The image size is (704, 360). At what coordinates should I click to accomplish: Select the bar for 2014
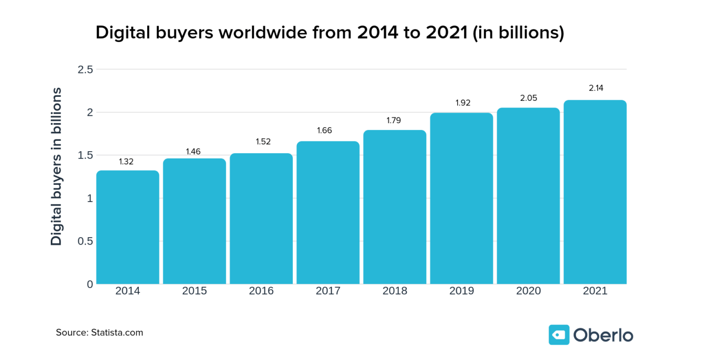[128, 227]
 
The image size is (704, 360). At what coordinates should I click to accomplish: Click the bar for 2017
[328, 212]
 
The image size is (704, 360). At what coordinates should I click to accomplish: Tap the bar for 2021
[595, 192]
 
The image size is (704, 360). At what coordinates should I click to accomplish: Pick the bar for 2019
[462, 198]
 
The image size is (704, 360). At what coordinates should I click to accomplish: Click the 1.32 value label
[126, 161]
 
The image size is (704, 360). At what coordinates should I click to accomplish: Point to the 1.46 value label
[193, 152]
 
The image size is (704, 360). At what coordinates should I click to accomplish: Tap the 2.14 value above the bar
[595, 89]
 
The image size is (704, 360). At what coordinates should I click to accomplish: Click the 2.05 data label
[528, 98]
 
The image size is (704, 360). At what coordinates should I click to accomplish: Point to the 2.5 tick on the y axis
[85, 69]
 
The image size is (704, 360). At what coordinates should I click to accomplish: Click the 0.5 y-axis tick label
[85, 241]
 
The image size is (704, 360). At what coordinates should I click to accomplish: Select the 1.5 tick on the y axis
[85, 156]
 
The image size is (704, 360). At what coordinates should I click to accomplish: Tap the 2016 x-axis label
[261, 291]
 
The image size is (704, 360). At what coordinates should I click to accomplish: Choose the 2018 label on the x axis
[395, 291]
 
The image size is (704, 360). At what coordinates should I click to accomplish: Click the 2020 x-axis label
[528, 291]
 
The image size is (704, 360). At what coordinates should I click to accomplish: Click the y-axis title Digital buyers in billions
[57, 166]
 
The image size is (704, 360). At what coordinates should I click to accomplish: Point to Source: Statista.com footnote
[99, 333]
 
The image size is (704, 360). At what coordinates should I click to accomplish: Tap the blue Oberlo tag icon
[559, 335]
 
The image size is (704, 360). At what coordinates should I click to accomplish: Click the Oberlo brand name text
[603, 335]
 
